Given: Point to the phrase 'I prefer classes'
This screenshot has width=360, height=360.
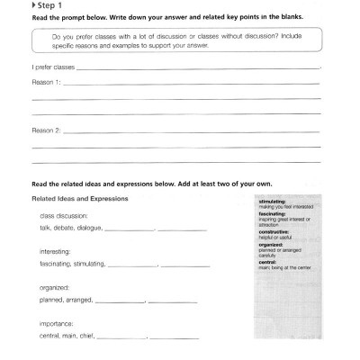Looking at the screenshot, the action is click(53, 67).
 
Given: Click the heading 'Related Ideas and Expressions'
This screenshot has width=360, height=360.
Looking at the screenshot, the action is click(80, 197).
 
